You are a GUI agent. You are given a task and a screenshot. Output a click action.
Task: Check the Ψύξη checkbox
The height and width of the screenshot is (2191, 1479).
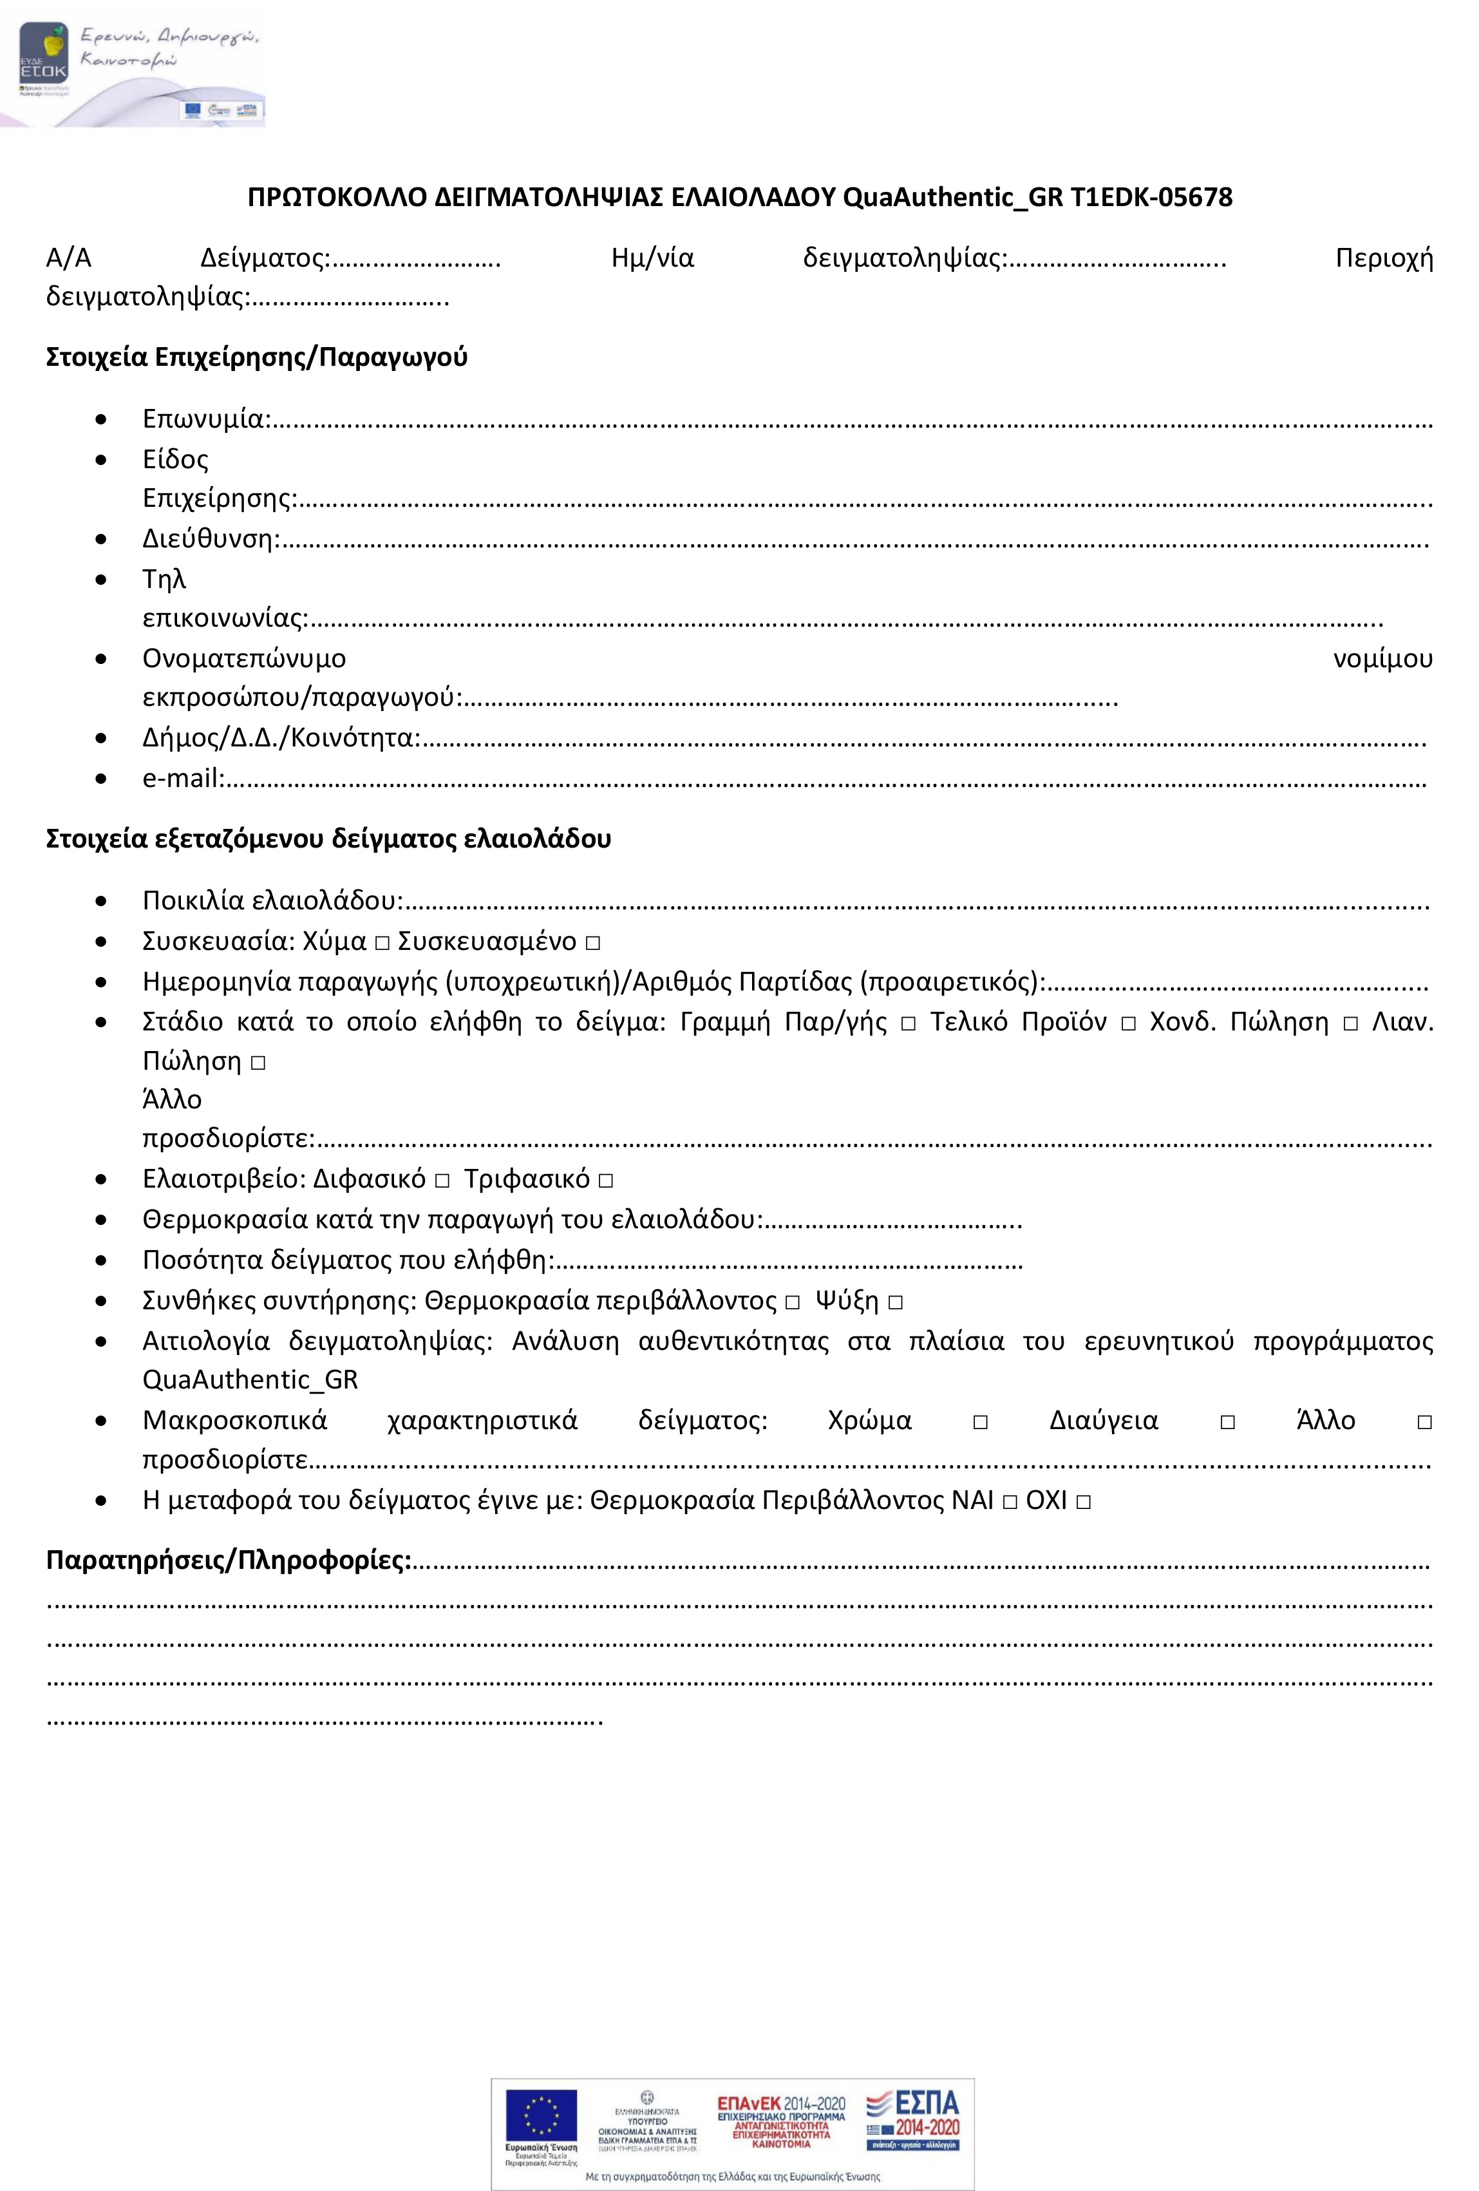pos(894,1303)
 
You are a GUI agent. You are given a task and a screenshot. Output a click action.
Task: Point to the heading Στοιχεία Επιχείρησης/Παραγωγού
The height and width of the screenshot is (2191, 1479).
pos(256,357)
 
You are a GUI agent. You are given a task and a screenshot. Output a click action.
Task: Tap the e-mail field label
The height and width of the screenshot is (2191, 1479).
pos(182,779)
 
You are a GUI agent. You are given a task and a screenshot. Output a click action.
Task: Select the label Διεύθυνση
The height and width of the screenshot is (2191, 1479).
pos(210,538)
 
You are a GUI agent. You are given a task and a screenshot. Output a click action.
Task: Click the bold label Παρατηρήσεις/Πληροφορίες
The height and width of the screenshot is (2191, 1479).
pos(228,1560)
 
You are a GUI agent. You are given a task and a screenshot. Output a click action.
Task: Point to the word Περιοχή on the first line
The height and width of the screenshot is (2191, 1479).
pos(1383,258)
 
